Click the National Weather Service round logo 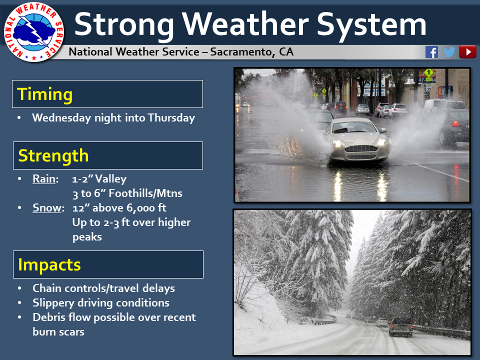[33, 32]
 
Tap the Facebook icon [431, 52]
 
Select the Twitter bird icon [449, 52]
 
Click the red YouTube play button [467, 52]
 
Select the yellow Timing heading [45, 94]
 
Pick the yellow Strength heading [53, 156]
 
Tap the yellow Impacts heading [49, 265]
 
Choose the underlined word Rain [44, 179]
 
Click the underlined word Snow [47, 208]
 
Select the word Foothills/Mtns [145, 193]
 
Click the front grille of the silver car [361, 149]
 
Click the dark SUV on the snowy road [400, 327]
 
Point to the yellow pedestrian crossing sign [429, 73]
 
